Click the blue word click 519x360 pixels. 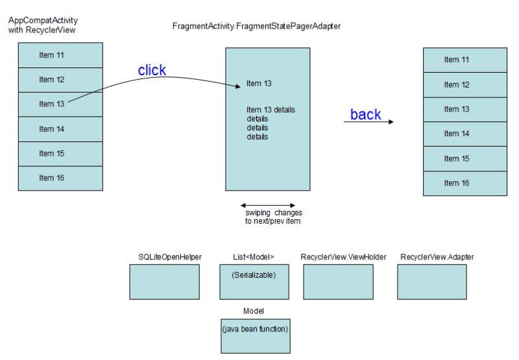(152, 71)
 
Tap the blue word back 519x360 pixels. (366, 115)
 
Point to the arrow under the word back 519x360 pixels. (368, 122)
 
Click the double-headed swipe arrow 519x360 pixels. (267, 205)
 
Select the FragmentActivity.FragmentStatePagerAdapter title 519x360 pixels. (256, 27)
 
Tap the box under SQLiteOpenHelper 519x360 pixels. (164, 281)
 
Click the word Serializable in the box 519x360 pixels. (254, 275)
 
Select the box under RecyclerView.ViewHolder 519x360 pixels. (338, 281)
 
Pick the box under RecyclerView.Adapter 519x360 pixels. (431, 281)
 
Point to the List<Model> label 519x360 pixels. (253, 257)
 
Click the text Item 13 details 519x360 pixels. (271, 109)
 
